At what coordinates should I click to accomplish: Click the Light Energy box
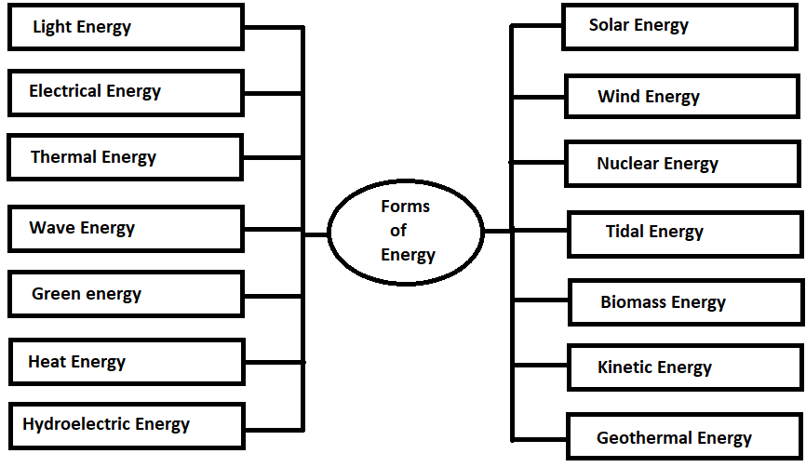[x=126, y=27]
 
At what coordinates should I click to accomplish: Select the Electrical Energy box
[x=126, y=92]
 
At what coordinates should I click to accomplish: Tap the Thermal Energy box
[x=126, y=157]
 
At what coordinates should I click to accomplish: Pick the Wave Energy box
[x=126, y=229]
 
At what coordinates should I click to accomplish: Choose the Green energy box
[x=126, y=295]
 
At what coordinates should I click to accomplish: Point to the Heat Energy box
[x=126, y=362]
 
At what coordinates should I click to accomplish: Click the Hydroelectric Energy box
[x=126, y=425]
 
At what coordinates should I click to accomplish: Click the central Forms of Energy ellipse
[x=407, y=231]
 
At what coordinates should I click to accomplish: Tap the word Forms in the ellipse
[x=405, y=207]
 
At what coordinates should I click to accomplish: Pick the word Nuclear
[x=626, y=165]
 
